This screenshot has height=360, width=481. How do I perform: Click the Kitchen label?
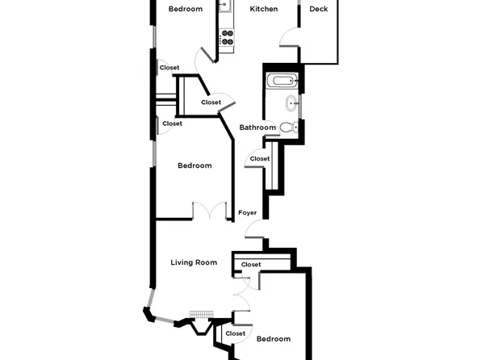[263, 10]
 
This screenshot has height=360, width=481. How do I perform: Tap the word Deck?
[318, 10]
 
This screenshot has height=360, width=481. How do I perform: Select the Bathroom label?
[257, 128]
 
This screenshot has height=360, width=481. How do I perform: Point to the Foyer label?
[247, 213]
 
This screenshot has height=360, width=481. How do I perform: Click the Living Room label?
[194, 262]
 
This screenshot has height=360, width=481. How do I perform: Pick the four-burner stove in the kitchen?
[227, 38]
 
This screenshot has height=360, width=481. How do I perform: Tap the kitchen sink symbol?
[225, 6]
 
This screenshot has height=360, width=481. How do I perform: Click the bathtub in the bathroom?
[284, 81]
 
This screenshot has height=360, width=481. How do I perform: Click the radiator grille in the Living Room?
[199, 314]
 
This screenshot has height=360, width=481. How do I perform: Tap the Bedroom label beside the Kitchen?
[185, 10]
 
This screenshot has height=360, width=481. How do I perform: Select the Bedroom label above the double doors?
[194, 165]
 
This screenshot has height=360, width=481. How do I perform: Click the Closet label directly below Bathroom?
[259, 159]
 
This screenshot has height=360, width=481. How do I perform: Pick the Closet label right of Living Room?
[251, 265]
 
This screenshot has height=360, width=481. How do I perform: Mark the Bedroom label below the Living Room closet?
[273, 339]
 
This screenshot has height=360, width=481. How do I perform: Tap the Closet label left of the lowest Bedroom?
[235, 333]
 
